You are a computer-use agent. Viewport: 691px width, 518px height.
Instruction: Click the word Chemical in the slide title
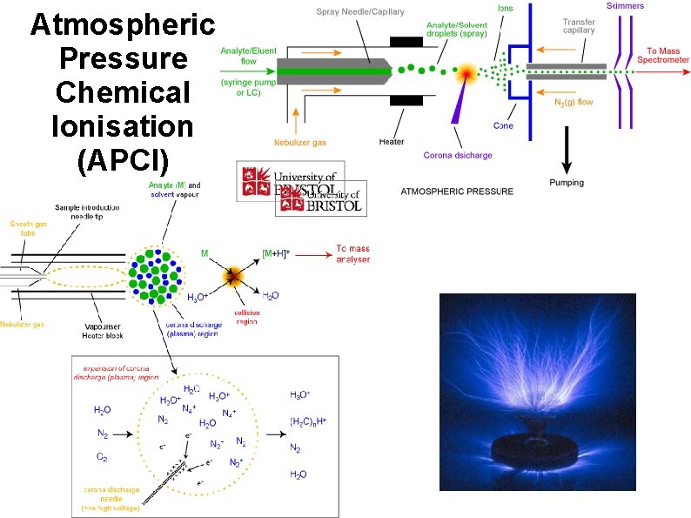coord(122,92)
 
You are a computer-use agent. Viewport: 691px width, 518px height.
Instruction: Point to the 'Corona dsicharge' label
coord(458,156)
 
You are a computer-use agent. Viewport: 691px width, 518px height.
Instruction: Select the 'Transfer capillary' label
coord(579,25)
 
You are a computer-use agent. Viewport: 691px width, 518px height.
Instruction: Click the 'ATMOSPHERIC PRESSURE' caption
coord(457,191)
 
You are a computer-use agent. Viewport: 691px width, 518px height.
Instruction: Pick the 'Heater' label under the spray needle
coord(392,142)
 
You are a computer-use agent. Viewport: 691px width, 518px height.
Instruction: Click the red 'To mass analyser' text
coord(353,254)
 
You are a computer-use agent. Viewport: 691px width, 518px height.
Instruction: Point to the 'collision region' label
coord(246,317)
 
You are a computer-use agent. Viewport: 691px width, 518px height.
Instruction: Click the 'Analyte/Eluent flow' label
coord(248,57)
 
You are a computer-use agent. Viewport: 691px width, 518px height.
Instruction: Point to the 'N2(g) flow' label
coord(574,102)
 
